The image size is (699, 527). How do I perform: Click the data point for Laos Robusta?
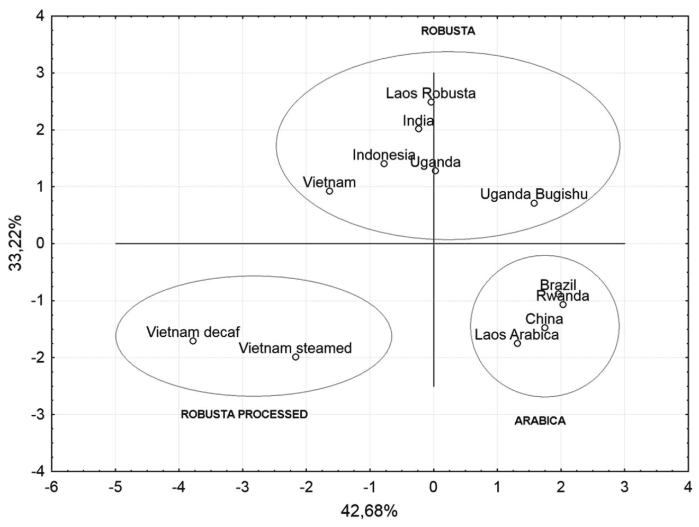[x=431, y=102]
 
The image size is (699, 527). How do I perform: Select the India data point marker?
[x=418, y=129]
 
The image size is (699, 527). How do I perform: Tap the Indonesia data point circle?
[x=384, y=164]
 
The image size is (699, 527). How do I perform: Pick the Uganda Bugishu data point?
[x=534, y=203]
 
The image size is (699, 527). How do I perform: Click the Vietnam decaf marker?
[x=193, y=341]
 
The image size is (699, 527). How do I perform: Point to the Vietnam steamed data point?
[x=295, y=357]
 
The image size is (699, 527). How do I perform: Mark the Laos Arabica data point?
[x=517, y=343]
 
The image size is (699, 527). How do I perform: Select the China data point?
[x=545, y=328]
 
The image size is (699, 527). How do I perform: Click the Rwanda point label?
[x=563, y=296]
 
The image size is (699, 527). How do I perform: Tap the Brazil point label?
[x=558, y=285]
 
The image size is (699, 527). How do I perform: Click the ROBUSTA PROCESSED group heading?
[x=244, y=414]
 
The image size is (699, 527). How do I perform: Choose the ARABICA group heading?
[x=540, y=421]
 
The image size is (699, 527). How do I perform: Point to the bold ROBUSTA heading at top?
[x=448, y=31]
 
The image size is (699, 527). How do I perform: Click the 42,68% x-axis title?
[x=370, y=512]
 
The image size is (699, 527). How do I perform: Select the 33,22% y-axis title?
[x=15, y=243]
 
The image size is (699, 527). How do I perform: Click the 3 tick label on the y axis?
[x=40, y=73]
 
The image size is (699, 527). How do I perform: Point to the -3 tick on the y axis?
[x=38, y=415]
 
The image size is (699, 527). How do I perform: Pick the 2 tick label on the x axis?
[x=561, y=487]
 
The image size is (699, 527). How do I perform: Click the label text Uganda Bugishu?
[x=534, y=194]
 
